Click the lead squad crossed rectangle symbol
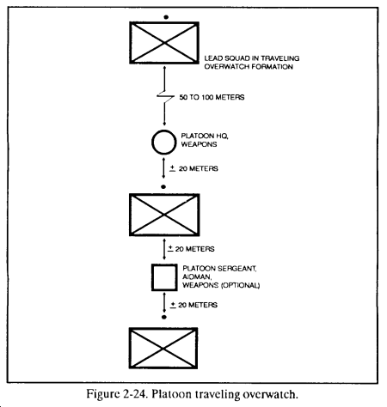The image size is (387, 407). click(164, 43)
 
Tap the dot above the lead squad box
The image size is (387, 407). click(166, 17)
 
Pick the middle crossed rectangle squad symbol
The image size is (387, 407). click(164, 215)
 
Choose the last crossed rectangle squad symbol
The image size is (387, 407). click(163, 348)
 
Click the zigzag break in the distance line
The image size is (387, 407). click(165, 97)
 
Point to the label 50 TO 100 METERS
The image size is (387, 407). click(212, 97)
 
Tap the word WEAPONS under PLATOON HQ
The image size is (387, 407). click(199, 144)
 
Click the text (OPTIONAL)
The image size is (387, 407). click(241, 285)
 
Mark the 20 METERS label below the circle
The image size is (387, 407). click(199, 168)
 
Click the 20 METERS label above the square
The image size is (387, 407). click(195, 249)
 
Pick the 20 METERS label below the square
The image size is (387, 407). click(198, 305)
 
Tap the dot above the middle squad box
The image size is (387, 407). click(163, 187)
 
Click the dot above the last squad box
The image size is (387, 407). click(164, 317)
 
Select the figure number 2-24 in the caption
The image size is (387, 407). click(136, 394)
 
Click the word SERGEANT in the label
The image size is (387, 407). click(236, 269)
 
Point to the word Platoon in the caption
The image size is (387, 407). click(171, 394)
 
